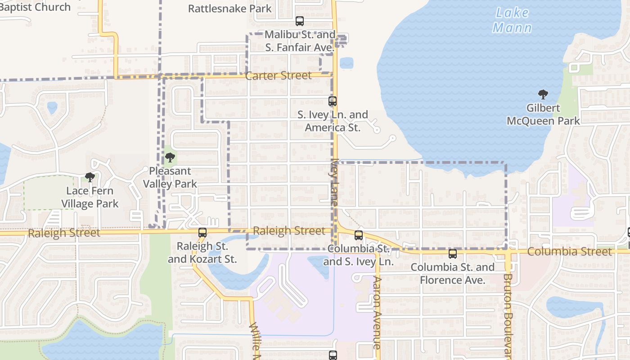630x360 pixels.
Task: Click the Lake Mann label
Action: [512, 20]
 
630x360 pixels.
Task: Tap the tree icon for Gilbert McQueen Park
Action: [543, 94]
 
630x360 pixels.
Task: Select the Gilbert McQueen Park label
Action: [543, 114]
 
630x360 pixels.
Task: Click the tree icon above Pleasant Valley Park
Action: [170, 157]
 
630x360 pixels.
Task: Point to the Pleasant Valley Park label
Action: [170, 177]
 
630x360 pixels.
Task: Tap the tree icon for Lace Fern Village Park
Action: [90, 177]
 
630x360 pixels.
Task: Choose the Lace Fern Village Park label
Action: [90, 197]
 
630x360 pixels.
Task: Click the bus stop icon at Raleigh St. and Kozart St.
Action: [202, 233]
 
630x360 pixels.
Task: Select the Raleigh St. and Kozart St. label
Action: [202, 252]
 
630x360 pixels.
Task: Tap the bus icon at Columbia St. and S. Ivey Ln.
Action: [359, 235]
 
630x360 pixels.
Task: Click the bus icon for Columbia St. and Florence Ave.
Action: [453, 254]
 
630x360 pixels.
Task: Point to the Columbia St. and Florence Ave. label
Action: [453, 274]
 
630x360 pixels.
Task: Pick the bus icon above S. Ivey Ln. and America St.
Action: [333, 101]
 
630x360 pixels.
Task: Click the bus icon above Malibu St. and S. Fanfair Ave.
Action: [300, 21]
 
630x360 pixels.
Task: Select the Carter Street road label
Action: [279, 76]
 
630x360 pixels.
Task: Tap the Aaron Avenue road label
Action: [377, 312]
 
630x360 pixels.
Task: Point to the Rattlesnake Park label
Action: [229, 9]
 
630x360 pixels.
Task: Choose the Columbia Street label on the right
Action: [569, 252]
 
